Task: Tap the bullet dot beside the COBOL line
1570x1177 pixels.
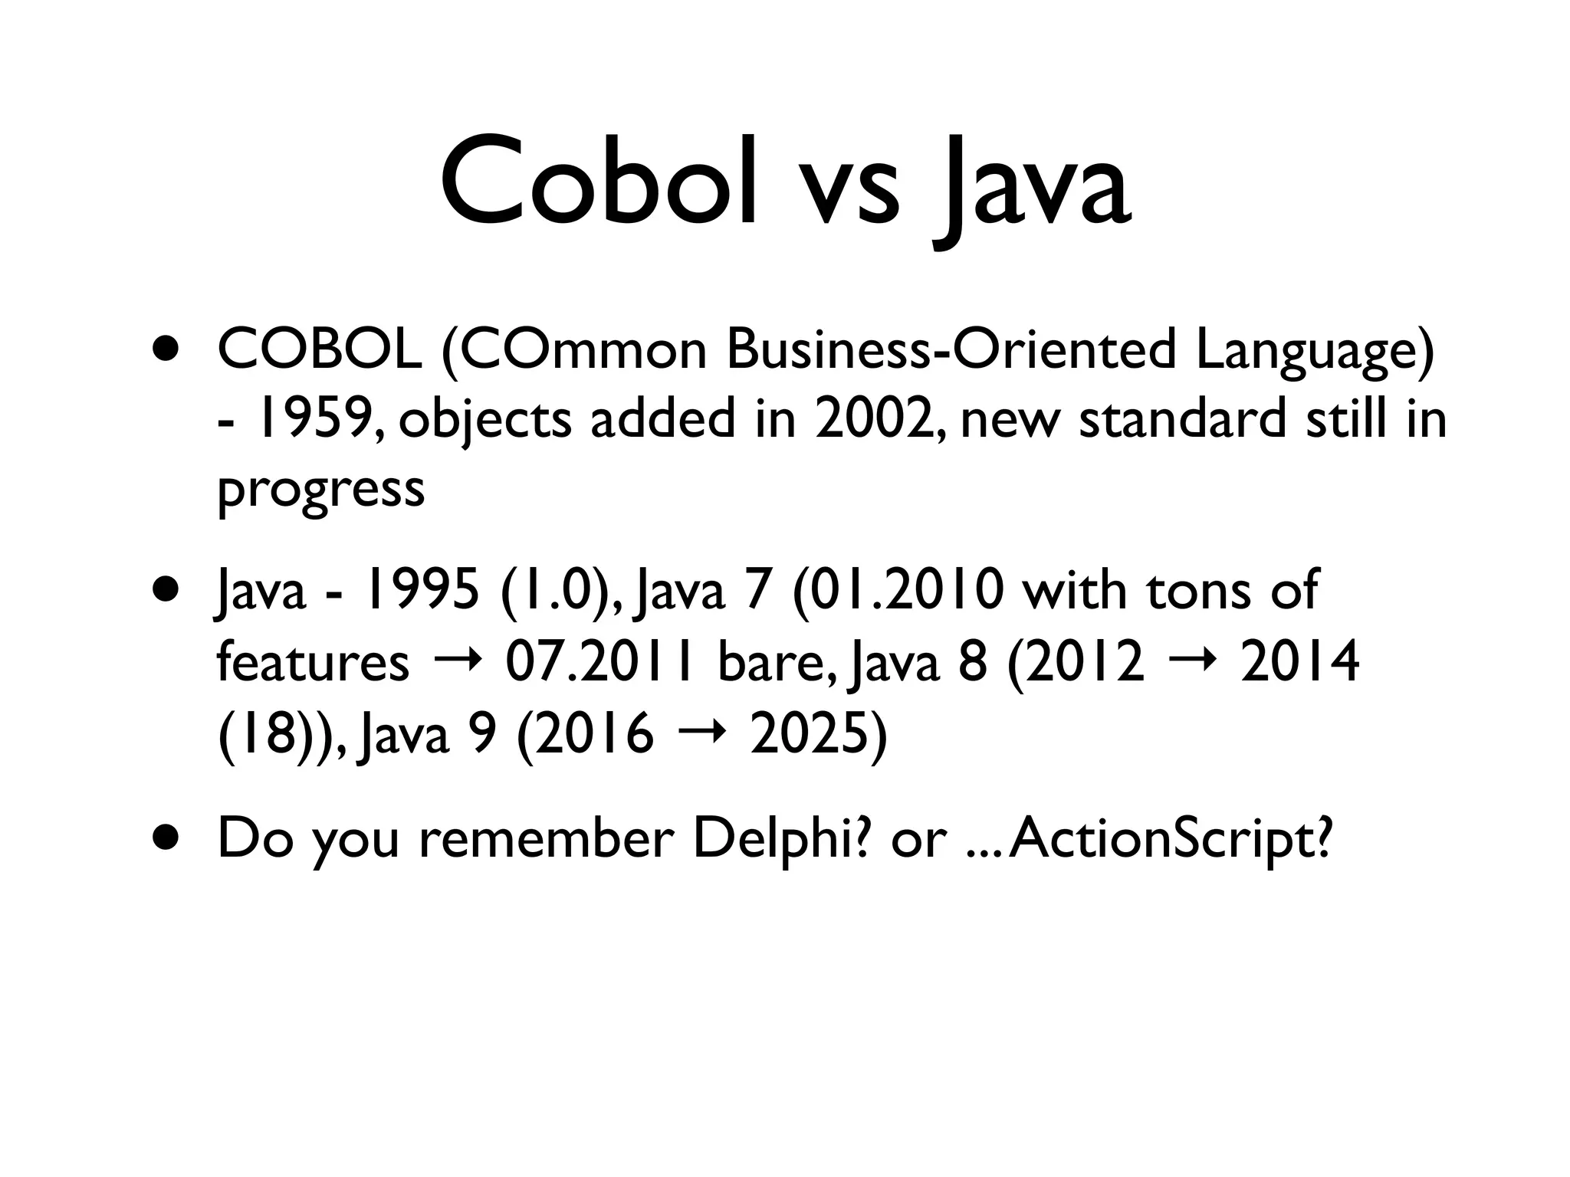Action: click(166, 350)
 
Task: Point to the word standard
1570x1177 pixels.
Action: click(1182, 420)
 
